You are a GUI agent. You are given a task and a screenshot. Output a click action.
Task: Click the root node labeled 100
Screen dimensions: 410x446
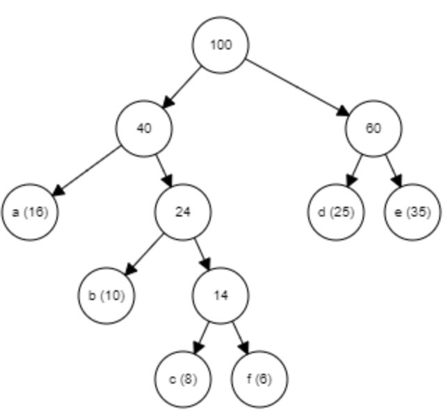[x=221, y=45]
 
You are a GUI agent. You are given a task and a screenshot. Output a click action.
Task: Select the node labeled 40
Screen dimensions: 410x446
[x=144, y=129]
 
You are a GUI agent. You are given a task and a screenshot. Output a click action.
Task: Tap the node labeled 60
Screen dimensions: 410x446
[x=373, y=129]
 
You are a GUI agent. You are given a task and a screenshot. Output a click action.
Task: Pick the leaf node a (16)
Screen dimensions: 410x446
[x=30, y=212]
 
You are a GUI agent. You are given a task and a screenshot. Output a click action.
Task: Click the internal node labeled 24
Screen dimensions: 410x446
[x=182, y=212]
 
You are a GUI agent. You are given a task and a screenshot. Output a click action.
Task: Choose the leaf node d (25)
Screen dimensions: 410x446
[x=335, y=212]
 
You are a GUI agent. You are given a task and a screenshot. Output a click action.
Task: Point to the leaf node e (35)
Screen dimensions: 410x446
[x=412, y=212]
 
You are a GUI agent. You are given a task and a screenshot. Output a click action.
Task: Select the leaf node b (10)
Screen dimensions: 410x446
[x=106, y=295]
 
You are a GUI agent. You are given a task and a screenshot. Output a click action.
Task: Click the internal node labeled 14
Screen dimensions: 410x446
[x=221, y=295]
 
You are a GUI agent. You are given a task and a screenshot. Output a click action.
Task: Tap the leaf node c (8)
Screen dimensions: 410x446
[x=182, y=379]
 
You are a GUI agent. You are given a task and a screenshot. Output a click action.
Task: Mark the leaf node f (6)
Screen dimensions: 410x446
[x=259, y=379]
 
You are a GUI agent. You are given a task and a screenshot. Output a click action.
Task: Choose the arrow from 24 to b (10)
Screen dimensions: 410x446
[x=144, y=254]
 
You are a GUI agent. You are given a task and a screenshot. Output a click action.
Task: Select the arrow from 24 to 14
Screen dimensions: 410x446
[x=202, y=254]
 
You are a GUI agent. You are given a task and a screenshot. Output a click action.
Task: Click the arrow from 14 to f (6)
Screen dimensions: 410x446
[x=240, y=338]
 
